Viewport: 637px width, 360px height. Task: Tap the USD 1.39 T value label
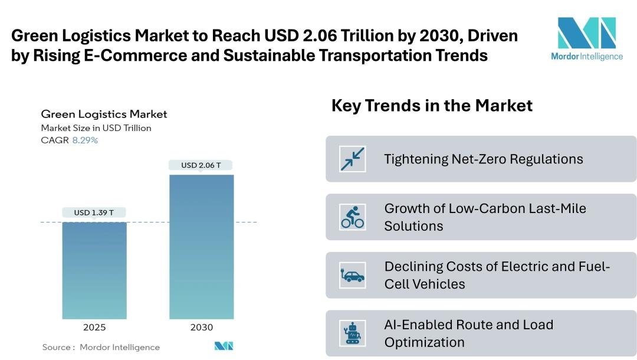coord(94,212)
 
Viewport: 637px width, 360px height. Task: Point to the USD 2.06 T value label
coord(201,165)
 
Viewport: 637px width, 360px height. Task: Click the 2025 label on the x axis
coord(94,327)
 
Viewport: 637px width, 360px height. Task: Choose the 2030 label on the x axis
coord(201,327)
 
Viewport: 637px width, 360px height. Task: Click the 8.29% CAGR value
coord(85,140)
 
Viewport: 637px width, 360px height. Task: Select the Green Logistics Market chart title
coord(104,114)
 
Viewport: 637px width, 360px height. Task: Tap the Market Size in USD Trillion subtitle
coord(96,128)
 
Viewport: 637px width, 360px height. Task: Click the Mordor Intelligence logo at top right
coord(586,39)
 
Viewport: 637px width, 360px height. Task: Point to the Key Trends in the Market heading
coord(432,106)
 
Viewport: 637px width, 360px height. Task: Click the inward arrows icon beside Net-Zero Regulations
coord(353,159)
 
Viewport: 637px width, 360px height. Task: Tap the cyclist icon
coord(353,217)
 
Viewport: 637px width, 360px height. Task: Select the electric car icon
coord(353,275)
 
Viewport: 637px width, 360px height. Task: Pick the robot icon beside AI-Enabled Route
coord(353,333)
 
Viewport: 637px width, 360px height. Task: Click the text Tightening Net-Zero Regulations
coord(483,159)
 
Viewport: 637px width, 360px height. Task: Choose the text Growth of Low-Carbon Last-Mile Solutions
coord(485,217)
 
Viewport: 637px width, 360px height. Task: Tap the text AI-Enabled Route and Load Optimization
coord(468,333)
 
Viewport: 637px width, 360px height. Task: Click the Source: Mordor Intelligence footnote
coord(101,347)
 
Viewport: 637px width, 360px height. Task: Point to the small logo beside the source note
coord(224,346)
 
